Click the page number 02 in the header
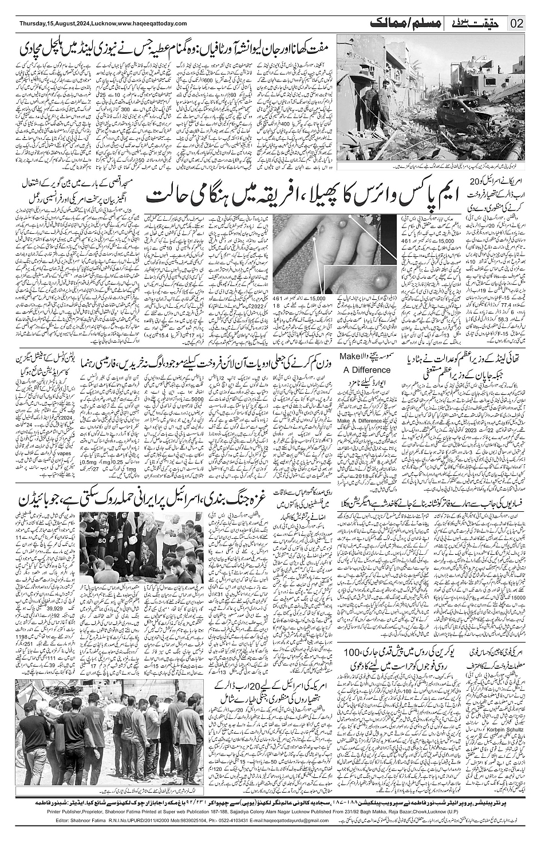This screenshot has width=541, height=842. pyautogui.click(x=518, y=24)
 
